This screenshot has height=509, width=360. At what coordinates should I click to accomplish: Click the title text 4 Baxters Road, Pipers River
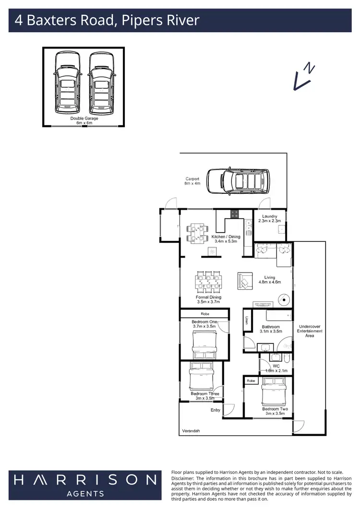(107, 21)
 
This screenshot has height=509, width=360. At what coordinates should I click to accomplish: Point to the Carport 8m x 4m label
(192, 181)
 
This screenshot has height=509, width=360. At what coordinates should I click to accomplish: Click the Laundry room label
(270, 218)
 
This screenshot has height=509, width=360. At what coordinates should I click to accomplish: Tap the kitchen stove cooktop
(235, 214)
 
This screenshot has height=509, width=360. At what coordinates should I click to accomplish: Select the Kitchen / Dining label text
(224, 238)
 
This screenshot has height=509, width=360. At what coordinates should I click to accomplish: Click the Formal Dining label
(208, 300)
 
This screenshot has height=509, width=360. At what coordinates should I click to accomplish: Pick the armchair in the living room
(245, 281)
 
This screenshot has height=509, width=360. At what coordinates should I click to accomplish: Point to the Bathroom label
(271, 329)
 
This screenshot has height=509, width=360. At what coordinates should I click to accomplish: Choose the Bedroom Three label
(205, 396)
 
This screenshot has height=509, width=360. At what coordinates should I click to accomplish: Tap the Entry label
(216, 410)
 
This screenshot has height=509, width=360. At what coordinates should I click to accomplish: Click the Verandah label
(191, 431)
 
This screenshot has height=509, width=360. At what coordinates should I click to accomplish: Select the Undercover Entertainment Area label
(310, 331)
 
